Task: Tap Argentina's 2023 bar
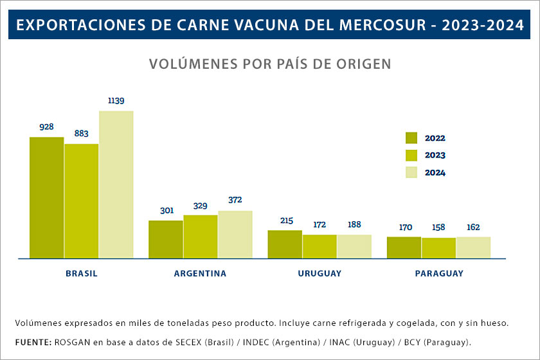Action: coord(201,237)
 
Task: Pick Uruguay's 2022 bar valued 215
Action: coord(285,244)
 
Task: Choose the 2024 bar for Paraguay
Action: coord(474,248)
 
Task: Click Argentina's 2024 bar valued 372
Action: coord(235,234)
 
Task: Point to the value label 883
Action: coord(82,134)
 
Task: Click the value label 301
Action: coord(166,210)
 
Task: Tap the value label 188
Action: coord(354,224)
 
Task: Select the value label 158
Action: coord(439,227)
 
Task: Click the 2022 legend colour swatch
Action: coord(411,138)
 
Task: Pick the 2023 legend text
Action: coord(435,155)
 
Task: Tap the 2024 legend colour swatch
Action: coord(411,172)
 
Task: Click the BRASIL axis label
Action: coord(82,273)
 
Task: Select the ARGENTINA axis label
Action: coord(200,273)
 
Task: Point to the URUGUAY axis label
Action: coord(319,273)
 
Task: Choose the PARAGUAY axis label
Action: coord(439,273)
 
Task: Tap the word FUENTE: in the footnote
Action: coord(33,341)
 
